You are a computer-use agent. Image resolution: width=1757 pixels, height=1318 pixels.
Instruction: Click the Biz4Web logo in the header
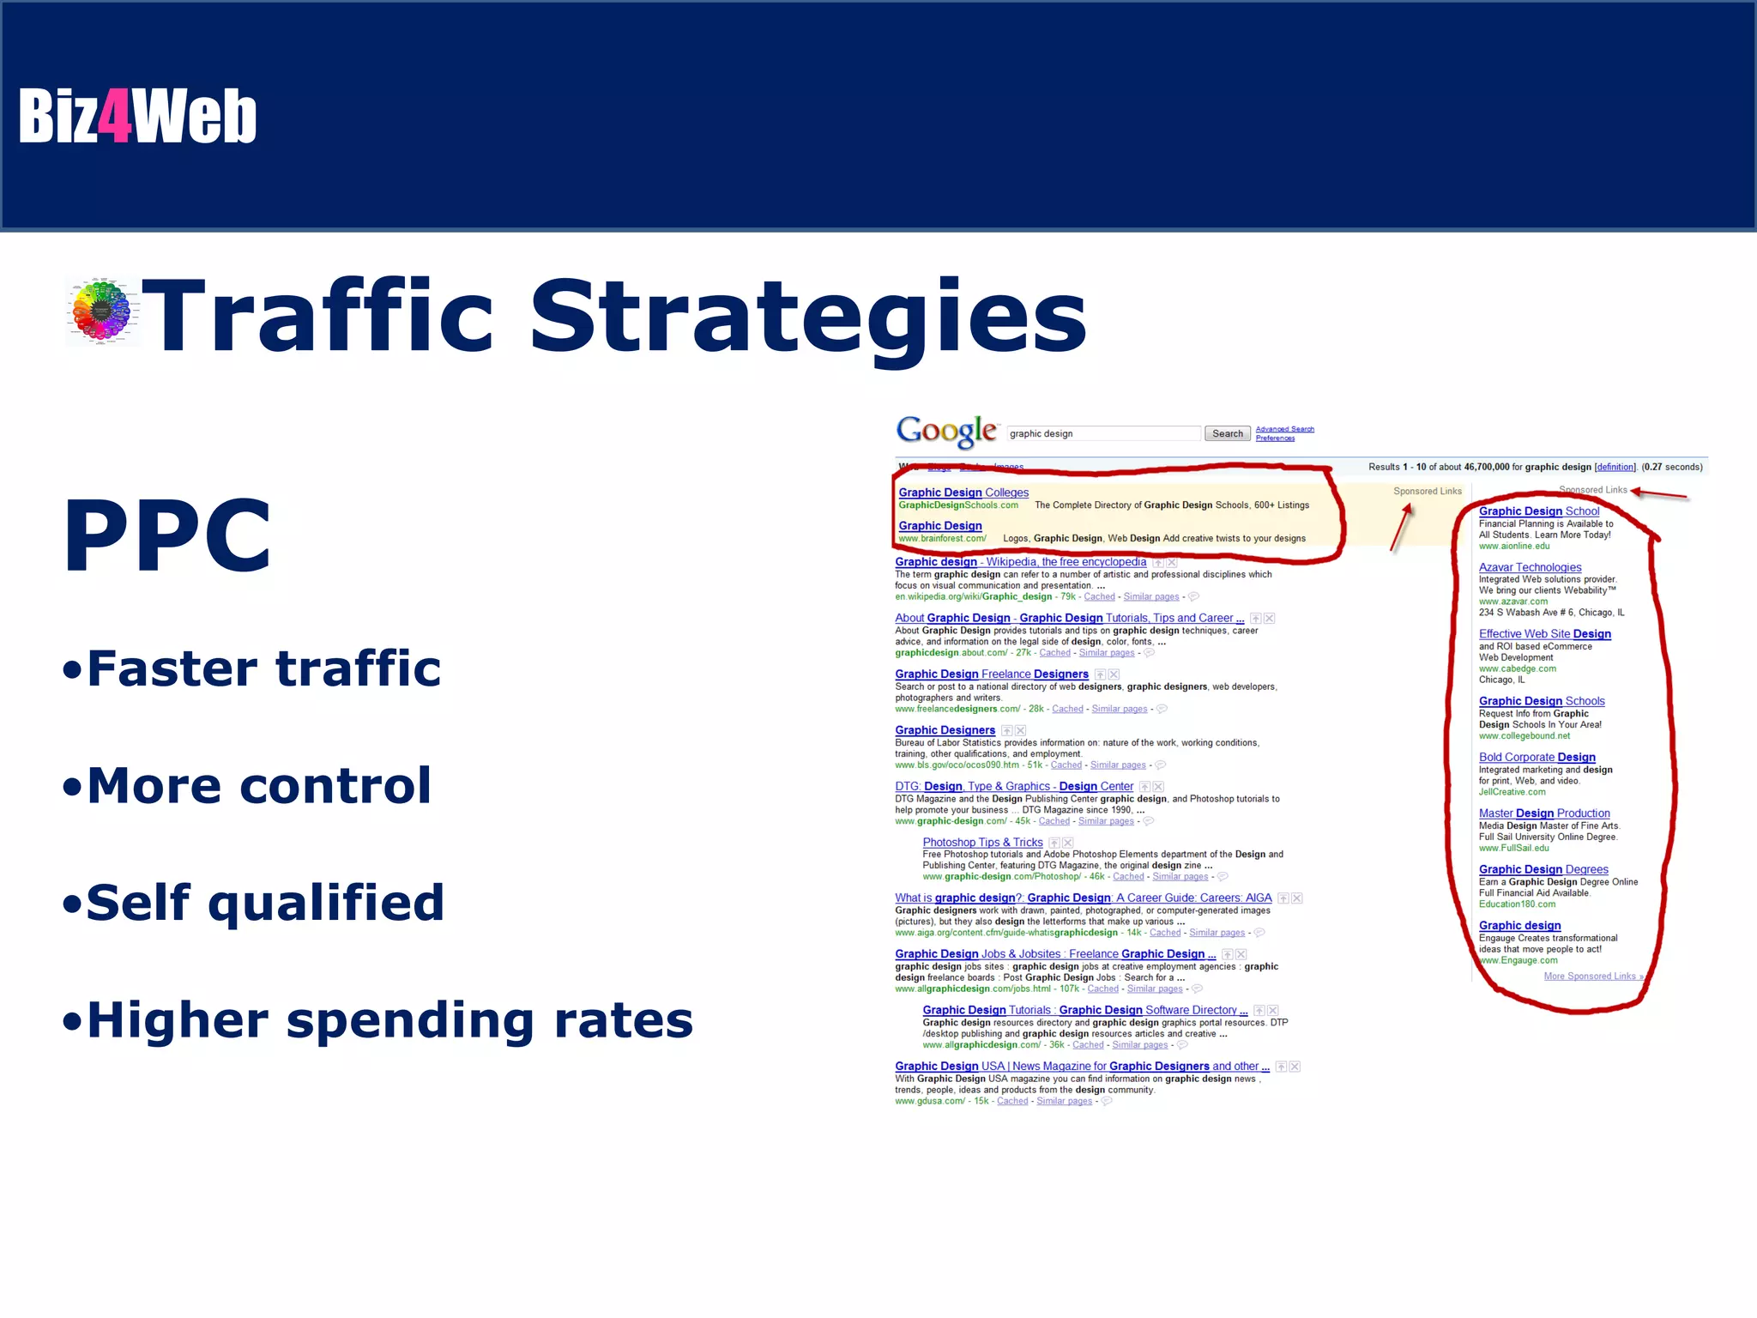tap(137, 116)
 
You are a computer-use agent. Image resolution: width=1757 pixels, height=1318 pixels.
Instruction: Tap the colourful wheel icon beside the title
tap(102, 311)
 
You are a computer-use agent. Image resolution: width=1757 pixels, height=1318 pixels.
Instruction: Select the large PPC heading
tap(167, 536)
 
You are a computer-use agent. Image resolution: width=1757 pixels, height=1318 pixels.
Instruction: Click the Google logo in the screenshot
tap(946, 431)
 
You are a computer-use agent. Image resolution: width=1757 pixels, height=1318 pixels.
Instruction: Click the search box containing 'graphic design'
tap(1103, 433)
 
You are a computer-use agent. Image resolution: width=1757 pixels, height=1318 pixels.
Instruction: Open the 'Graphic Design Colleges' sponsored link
tap(963, 493)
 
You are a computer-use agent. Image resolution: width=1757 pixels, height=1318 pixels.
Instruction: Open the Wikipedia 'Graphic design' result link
tap(1020, 562)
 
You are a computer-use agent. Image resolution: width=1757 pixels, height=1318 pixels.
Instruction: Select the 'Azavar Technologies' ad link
tap(1530, 567)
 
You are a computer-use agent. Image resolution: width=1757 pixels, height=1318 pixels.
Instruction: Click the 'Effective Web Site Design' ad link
tap(1544, 634)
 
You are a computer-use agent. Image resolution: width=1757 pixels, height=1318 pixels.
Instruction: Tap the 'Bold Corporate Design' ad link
tap(1537, 757)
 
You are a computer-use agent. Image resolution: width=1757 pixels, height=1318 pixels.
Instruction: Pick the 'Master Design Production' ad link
tap(1543, 813)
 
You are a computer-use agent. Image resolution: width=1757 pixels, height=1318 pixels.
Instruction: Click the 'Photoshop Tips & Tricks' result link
tap(982, 843)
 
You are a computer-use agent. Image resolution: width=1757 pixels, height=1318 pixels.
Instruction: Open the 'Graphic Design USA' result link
tap(1081, 1067)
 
